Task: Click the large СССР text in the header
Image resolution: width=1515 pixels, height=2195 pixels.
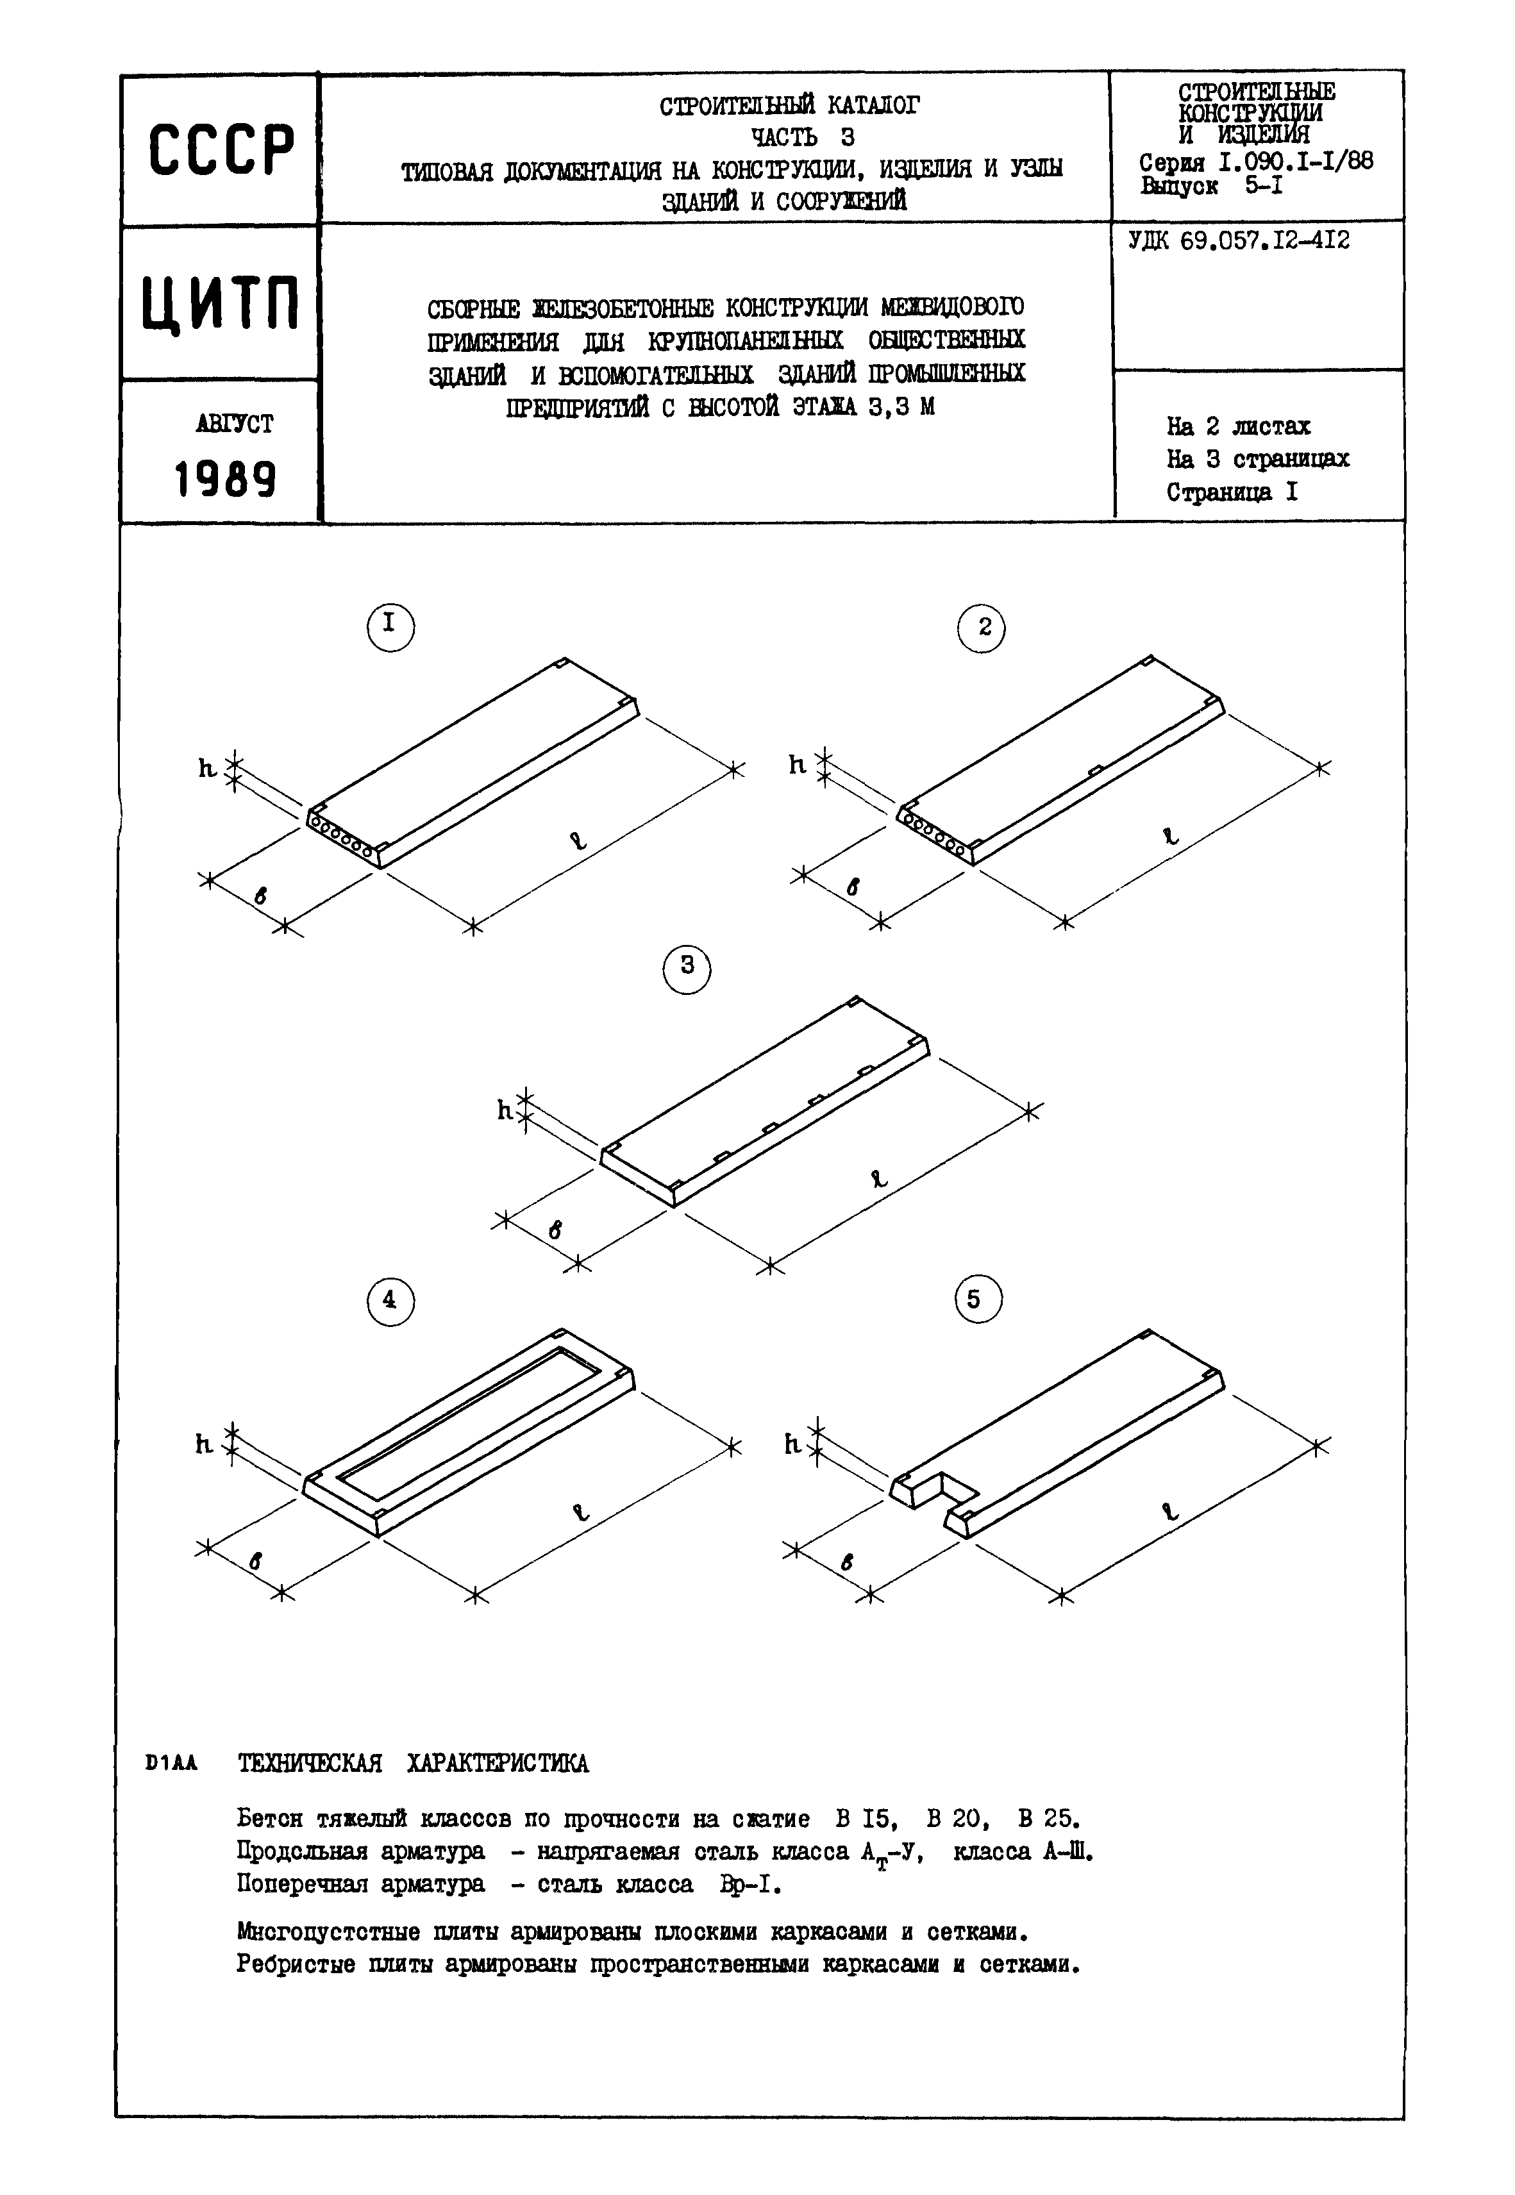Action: click(x=221, y=151)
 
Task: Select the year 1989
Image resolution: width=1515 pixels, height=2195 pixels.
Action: click(x=225, y=480)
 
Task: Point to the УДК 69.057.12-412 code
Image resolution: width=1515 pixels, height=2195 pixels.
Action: click(x=1239, y=241)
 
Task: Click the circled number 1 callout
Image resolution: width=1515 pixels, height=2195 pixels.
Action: click(x=390, y=626)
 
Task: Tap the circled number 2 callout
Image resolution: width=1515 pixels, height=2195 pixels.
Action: click(x=982, y=627)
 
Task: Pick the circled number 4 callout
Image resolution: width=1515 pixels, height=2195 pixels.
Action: click(x=389, y=1301)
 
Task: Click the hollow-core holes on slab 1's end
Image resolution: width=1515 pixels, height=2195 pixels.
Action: click(x=344, y=835)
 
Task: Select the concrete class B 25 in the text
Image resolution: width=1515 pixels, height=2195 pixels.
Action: click(x=1047, y=1819)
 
